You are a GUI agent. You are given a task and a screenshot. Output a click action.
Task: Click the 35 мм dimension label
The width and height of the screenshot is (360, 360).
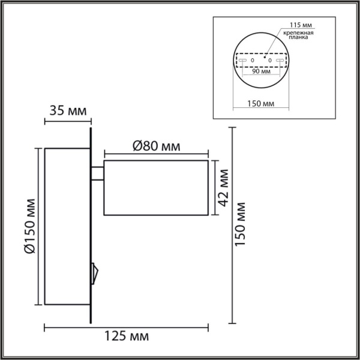click(x=67, y=110)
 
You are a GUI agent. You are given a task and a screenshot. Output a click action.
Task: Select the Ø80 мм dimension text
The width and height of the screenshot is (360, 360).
click(x=155, y=146)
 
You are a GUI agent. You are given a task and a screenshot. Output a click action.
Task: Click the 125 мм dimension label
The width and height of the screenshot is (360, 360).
click(x=127, y=335)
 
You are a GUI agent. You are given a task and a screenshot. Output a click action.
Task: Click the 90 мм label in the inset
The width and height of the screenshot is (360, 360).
click(x=260, y=71)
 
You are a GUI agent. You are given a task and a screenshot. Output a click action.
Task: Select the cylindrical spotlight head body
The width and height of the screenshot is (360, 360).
click(x=155, y=187)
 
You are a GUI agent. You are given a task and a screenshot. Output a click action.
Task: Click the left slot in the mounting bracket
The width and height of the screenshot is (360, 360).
click(x=242, y=61)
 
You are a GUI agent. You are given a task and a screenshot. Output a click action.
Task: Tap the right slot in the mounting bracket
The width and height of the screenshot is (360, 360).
click(x=278, y=61)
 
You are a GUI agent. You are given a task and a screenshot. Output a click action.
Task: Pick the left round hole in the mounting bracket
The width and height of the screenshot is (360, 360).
click(x=252, y=61)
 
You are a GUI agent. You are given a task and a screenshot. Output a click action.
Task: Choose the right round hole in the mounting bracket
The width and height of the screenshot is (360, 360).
click(x=269, y=61)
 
